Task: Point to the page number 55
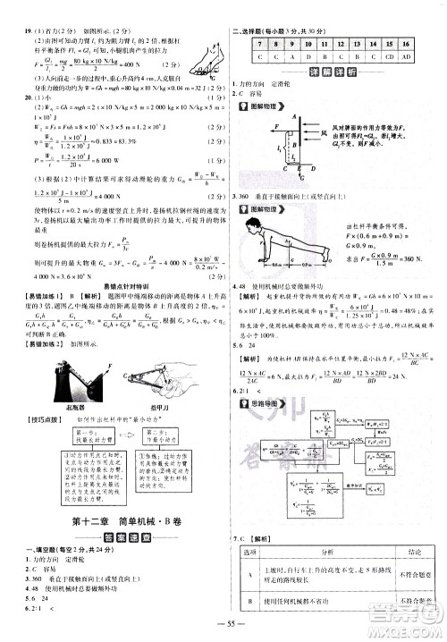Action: pyautogui.click(x=223, y=621)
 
